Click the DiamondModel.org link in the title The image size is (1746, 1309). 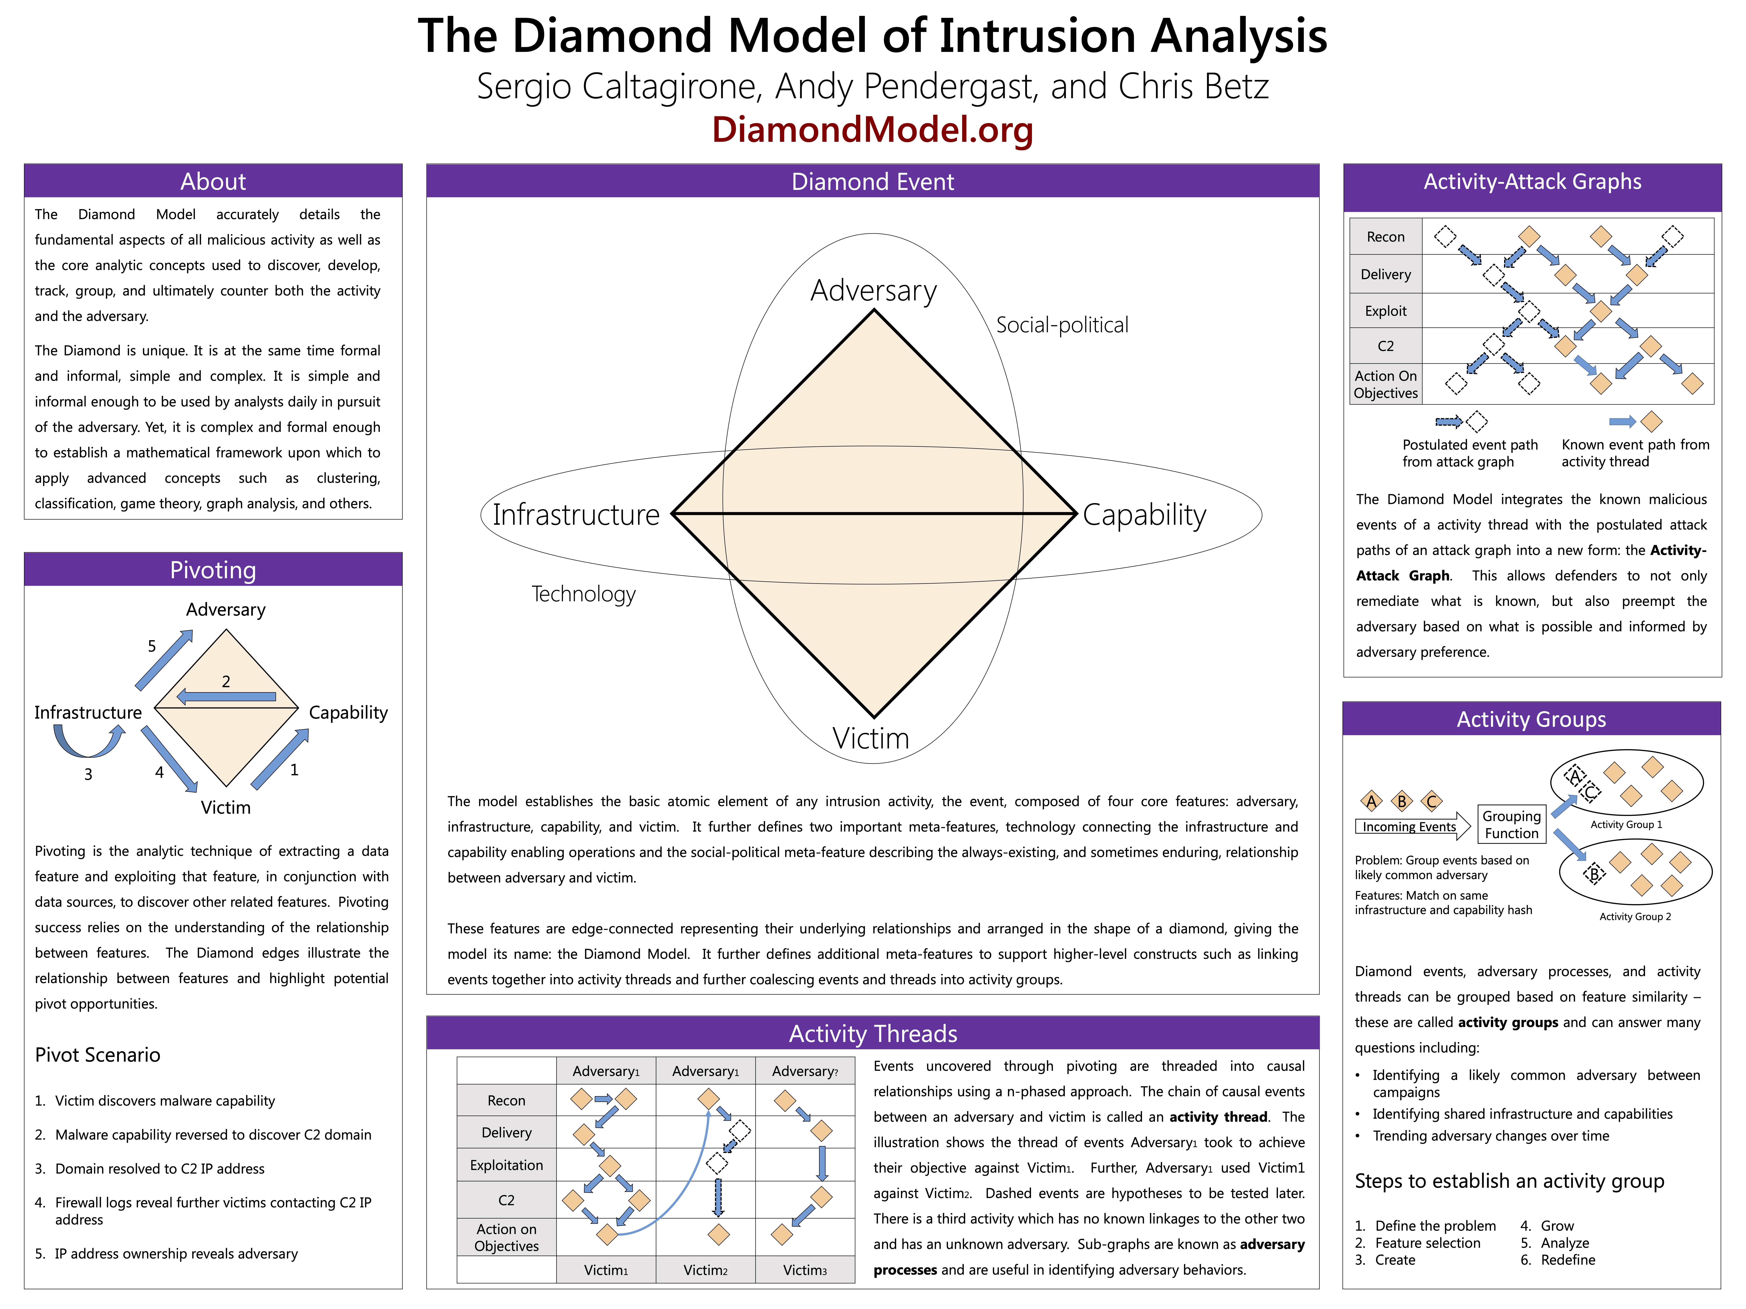(872, 130)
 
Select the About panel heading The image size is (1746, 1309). (213, 182)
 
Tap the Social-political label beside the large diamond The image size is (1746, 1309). (1062, 325)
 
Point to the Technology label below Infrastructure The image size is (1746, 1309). (583, 594)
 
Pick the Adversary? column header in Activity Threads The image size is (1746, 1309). (804, 1071)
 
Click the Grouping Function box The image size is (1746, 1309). (1511, 825)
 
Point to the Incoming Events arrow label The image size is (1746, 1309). (1409, 827)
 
